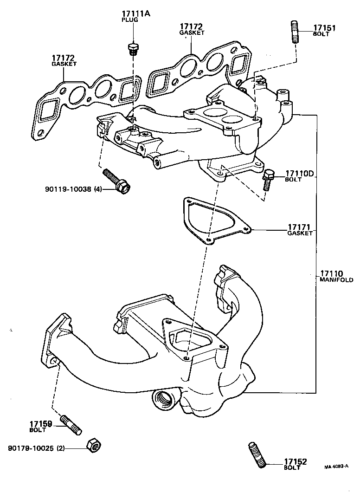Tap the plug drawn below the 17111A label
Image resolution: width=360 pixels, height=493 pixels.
133,49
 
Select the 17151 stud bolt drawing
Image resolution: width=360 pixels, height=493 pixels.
295,32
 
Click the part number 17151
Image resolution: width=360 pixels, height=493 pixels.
324,28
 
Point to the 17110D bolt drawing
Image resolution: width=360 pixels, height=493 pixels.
268,180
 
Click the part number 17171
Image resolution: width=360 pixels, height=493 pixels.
299,227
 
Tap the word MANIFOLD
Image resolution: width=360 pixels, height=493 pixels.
336,280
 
